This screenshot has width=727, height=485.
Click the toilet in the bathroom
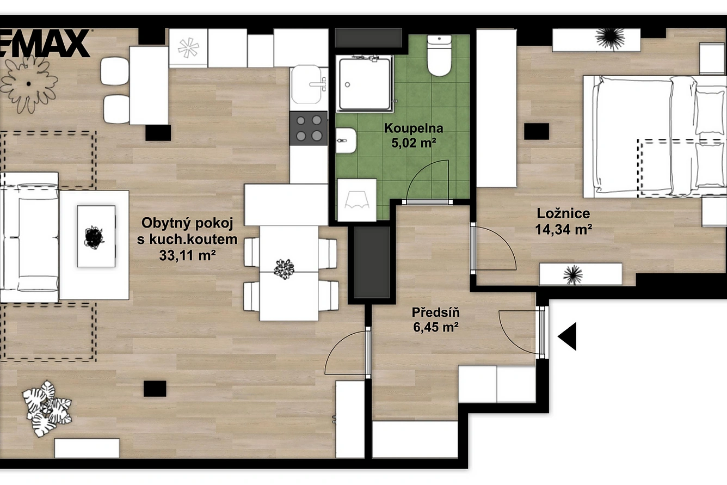point(439,56)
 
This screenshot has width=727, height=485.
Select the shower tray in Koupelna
point(365,83)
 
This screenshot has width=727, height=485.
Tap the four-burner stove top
point(309,128)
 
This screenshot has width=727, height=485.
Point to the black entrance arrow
point(567,336)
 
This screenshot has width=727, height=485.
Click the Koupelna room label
point(414,128)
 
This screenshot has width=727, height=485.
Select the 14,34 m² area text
point(563,230)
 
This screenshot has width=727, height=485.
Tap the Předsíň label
point(435,312)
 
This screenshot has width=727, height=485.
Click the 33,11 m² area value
point(187,255)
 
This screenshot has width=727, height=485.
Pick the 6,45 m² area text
point(435,327)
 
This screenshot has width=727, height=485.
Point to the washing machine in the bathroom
point(357,199)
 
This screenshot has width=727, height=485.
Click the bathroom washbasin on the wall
point(346,140)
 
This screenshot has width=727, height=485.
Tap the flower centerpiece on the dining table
point(284,269)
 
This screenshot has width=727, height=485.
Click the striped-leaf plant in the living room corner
point(47,409)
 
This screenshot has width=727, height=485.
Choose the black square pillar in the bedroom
point(537,132)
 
